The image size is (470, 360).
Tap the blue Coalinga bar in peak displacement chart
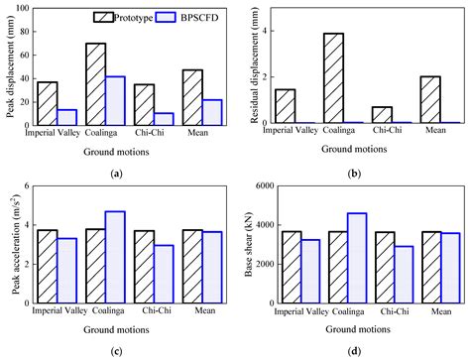pos(117,99)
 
